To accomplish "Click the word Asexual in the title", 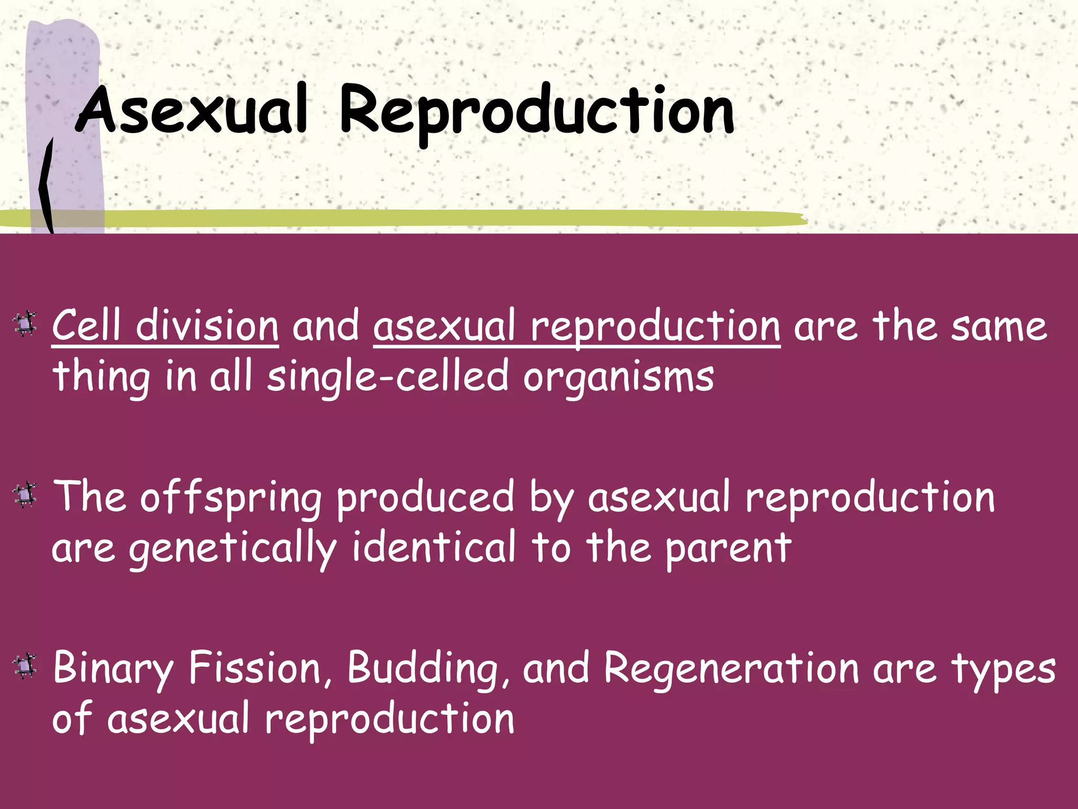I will [x=193, y=111].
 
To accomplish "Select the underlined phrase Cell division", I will [x=165, y=327].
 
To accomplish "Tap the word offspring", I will [x=231, y=498].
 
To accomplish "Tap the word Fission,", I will [x=261, y=668].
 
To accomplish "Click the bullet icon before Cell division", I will [x=25, y=324].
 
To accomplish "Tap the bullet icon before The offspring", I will [x=25, y=495].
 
